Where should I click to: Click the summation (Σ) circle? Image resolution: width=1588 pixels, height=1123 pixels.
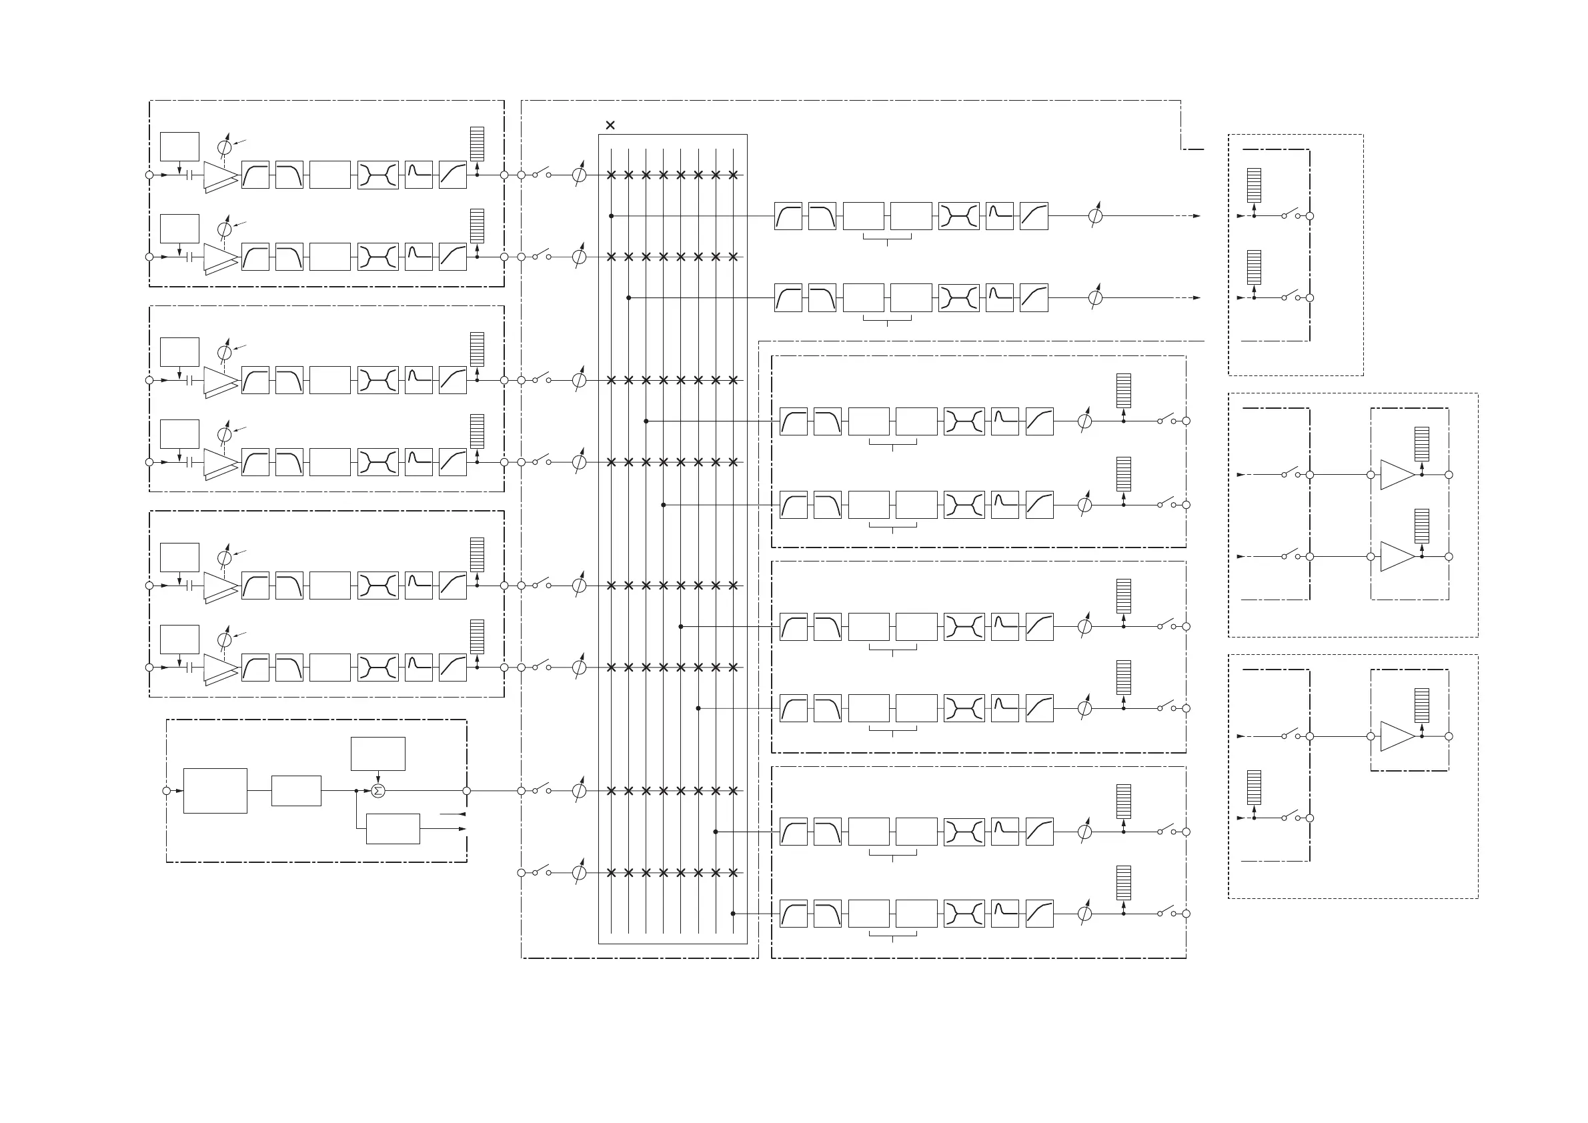(x=377, y=791)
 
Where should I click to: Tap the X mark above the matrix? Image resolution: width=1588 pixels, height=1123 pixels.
(x=610, y=125)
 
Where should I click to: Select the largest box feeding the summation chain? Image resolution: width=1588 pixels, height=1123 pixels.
(x=215, y=790)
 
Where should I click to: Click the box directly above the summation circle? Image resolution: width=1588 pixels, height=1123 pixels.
(x=377, y=753)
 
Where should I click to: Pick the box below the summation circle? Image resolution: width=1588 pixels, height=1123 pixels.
(x=393, y=828)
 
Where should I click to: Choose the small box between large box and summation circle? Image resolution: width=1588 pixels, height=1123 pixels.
(x=296, y=790)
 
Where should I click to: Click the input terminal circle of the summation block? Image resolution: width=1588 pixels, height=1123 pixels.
(x=166, y=791)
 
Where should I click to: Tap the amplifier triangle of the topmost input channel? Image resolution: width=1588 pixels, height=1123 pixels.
(x=220, y=175)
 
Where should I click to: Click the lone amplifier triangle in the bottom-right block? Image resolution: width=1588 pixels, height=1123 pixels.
(x=1397, y=736)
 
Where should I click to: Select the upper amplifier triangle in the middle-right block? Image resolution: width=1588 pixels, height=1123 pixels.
(x=1397, y=475)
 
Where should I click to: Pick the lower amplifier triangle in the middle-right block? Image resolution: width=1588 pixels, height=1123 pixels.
(x=1397, y=557)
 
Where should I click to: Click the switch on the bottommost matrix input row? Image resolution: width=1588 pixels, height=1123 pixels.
(x=542, y=871)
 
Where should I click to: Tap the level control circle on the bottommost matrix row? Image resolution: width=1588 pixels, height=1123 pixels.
(x=580, y=873)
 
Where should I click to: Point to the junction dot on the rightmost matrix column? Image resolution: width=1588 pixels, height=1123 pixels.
(x=733, y=914)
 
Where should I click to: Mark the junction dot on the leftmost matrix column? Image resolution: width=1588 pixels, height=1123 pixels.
(x=612, y=216)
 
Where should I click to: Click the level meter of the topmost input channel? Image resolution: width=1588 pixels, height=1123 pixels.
(x=478, y=144)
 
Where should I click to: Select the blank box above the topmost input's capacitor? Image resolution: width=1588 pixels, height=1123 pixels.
(x=179, y=147)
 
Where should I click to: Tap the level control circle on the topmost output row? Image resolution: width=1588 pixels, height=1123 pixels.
(x=1095, y=216)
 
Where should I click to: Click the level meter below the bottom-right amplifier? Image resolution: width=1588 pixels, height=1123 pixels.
(x=1254, y=788)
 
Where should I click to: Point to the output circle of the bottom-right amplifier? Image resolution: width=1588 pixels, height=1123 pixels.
(x=1449, y=736)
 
